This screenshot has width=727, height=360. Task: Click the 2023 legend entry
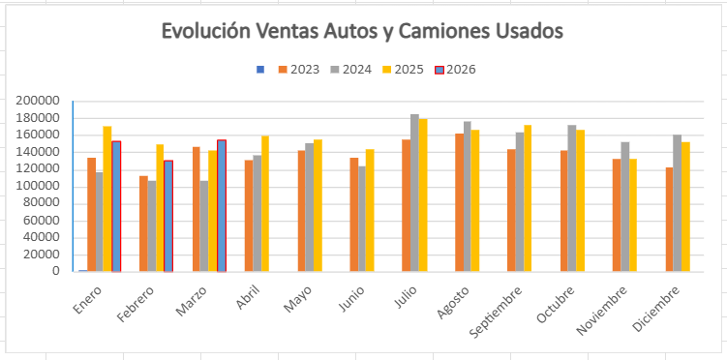pos(299,70)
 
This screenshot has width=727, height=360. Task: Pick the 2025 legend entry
pos(403,70)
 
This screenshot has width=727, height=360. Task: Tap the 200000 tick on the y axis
pos(38,101)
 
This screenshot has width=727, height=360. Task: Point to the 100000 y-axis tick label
pos(38,186)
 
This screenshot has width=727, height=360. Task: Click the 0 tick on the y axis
pos(55,272)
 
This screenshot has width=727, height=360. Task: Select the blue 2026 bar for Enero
pos(116,206)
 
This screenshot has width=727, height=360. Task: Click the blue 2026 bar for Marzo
pos(222,206)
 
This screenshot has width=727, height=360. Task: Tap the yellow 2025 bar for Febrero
pos(160,208)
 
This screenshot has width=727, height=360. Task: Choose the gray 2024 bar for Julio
pos(414,193)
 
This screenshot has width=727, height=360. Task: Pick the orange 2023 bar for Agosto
pos(459,202)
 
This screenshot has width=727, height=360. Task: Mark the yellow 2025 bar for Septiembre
pos(528,198)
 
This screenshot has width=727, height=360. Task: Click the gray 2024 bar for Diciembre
pos(678,203)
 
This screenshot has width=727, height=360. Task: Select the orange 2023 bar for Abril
pos(249,216)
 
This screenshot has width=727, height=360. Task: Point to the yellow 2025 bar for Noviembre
pos(633,216)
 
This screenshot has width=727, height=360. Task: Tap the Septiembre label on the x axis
pos(496,312)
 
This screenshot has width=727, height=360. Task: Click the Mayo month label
pos(298,299)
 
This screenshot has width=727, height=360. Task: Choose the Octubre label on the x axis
pos(556,305)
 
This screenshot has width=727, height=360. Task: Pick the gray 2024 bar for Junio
pos(362,219)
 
